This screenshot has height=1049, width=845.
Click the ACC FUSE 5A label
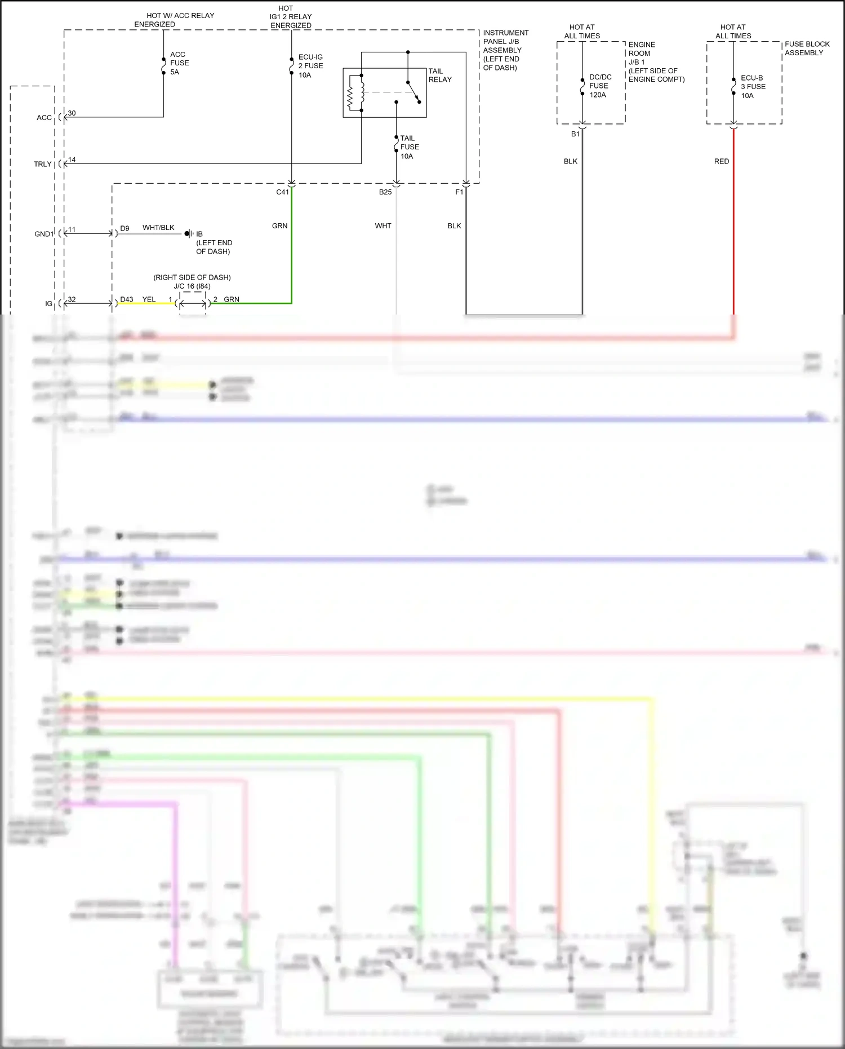(x=179, y=63)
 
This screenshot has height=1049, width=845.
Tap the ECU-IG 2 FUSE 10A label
(x=310, y=66)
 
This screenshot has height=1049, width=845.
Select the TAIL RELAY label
(x=440, y=76)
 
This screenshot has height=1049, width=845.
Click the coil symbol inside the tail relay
(x=350, y=98)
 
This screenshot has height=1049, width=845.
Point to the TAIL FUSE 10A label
(x=409, y=147)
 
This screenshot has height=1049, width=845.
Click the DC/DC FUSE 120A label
(x=600, y=86)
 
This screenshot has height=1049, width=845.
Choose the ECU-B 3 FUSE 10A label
(x=753, y=87)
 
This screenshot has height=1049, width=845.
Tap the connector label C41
(x=282, y=192)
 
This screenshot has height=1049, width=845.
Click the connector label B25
(x=385, y=192)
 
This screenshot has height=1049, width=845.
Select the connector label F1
(x=459, y=192)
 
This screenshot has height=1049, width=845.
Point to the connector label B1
(x=575, y=134)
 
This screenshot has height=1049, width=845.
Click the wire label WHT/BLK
(x=158, y=228)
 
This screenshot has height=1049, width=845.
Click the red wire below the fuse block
(x=733, y=225)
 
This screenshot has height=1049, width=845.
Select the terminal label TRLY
(x=42, y=164)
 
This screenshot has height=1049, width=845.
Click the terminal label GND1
(x=44, y=234)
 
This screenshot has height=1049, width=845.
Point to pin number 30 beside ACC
(x=72, y=113)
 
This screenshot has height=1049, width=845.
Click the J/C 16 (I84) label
(x=192, y=286)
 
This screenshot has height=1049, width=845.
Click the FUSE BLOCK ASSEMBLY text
(x=807, y=48)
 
